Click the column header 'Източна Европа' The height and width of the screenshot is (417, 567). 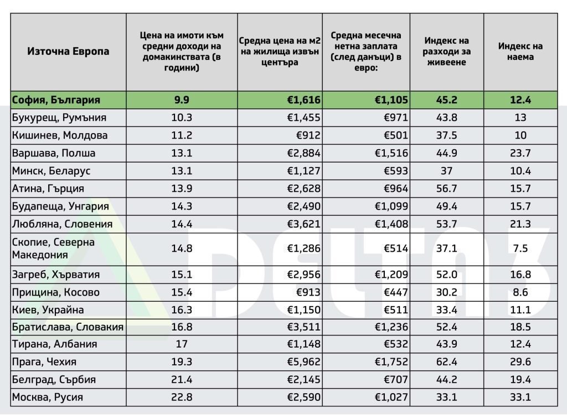click(68, 52)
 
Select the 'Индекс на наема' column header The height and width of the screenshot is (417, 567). click(520, 52)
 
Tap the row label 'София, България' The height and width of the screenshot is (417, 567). click(56, 100)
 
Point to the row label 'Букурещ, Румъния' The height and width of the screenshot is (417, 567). click(59, 118)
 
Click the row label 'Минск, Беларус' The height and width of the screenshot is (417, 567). click(51, 171)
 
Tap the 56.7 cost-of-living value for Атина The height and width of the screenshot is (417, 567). click(446, 189)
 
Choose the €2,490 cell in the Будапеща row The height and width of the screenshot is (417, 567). click(303, 206)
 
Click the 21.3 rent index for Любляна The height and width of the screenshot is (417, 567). click(520, 224)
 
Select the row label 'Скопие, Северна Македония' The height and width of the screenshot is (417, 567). click(53, 248)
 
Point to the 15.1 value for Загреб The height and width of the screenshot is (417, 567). click(182, 274)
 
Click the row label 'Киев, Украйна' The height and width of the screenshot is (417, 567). click(48, 310)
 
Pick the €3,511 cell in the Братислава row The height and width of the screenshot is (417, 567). click(303, 327)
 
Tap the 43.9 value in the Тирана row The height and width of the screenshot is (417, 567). click(446, 344)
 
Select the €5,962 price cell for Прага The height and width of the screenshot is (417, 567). click(303, 362)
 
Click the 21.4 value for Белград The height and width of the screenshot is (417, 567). click(182, 380)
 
